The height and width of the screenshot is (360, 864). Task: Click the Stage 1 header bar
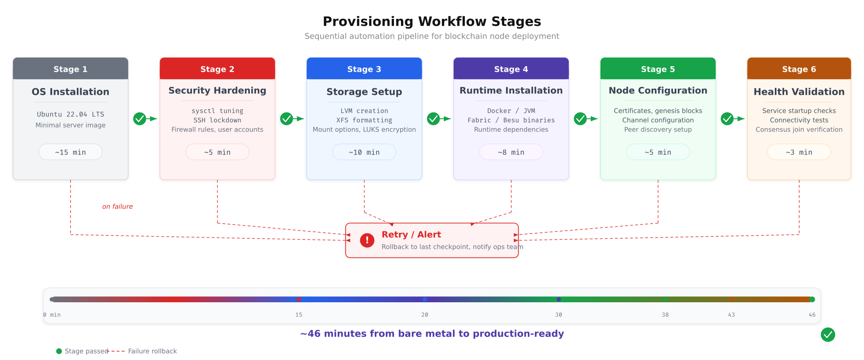click(x=70, y=69)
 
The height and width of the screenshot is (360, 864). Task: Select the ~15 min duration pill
click(x=70, y=152)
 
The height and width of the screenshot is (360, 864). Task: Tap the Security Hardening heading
click(x=217, y=91)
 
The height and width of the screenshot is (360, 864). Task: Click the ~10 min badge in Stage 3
click(x=364, y=152)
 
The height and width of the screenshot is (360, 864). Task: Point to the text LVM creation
click(x=364, y=111)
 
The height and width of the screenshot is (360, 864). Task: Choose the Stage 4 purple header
click(x=511, y=69)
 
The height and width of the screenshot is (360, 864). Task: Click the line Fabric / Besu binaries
click(x=511, y=120)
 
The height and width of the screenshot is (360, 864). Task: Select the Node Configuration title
click(x=658, y=91)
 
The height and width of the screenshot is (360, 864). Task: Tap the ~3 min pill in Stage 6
click(x=799, y=152)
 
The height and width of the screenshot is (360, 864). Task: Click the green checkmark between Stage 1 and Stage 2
click(x=139, y=119)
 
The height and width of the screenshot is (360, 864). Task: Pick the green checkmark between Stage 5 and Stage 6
click(x=727, y=119)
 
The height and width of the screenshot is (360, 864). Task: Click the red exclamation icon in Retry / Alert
click(x=367, y=240)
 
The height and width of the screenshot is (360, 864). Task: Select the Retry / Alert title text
click(x=411, y=235)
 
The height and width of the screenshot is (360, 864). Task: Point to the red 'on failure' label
click(x=117, y=207)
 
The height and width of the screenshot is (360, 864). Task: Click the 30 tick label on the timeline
click(x=558, y=315)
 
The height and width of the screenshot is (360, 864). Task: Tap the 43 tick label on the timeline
click(x=731, y=315)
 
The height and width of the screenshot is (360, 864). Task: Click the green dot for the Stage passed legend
click(x=59, y=351)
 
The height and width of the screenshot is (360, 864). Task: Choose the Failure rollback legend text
click(x=152, y=351)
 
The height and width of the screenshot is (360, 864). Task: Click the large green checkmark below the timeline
click(x=828, y=335)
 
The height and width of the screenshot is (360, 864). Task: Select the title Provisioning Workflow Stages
click(x=432, y=22)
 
